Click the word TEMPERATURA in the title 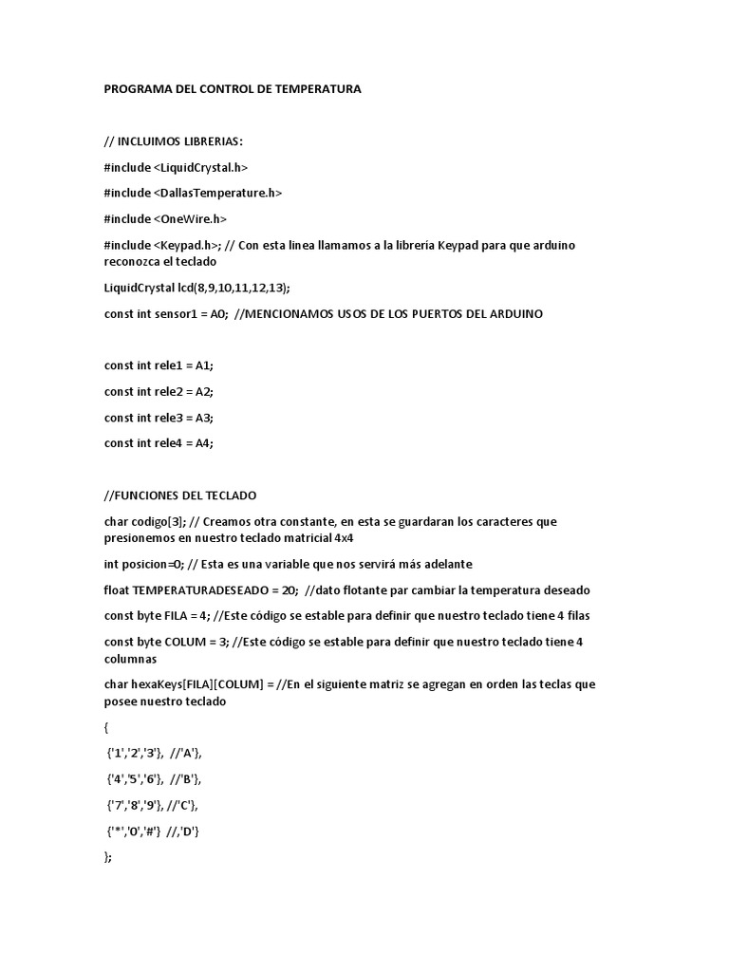(314, 89)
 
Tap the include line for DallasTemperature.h (193, 193)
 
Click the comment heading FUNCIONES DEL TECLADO (180, 495)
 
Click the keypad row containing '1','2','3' (155, 753)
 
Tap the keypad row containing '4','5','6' (155, 778)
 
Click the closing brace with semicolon (107, 856)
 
